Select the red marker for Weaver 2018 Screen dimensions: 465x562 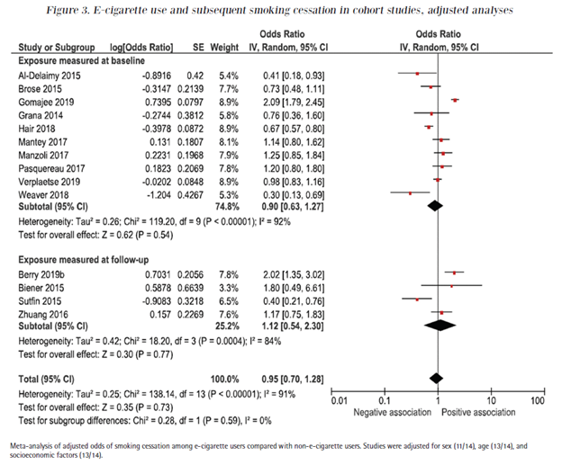(x=410, y=192)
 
